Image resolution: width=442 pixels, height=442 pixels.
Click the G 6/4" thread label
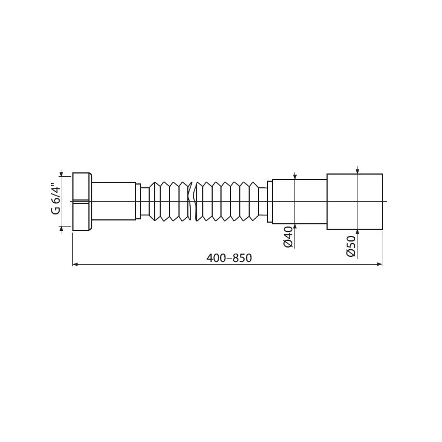point(56,201)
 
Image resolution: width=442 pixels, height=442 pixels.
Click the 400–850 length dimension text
point(229,257)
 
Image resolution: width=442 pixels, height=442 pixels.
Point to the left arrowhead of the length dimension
point(75,265)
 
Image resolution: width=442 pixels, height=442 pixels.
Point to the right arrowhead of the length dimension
point(380,265)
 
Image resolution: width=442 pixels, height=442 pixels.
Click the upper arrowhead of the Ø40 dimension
point(294,176)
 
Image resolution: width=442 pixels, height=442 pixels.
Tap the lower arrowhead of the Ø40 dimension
point(294,227)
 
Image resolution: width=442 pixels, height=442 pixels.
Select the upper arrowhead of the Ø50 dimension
point(357,171)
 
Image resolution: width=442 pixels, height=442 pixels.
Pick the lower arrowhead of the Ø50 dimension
point(357,232)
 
